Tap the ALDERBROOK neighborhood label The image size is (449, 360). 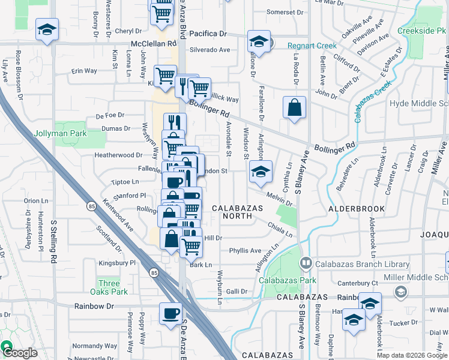tap(351, 209)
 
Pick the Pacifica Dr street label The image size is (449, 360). tap(208, 34)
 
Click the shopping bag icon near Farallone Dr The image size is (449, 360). tap(294, 108)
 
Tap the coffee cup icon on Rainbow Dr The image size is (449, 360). tap(171, 313)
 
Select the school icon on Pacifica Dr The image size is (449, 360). tap(259, 41)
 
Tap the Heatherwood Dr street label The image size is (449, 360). tap(101, 155)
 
